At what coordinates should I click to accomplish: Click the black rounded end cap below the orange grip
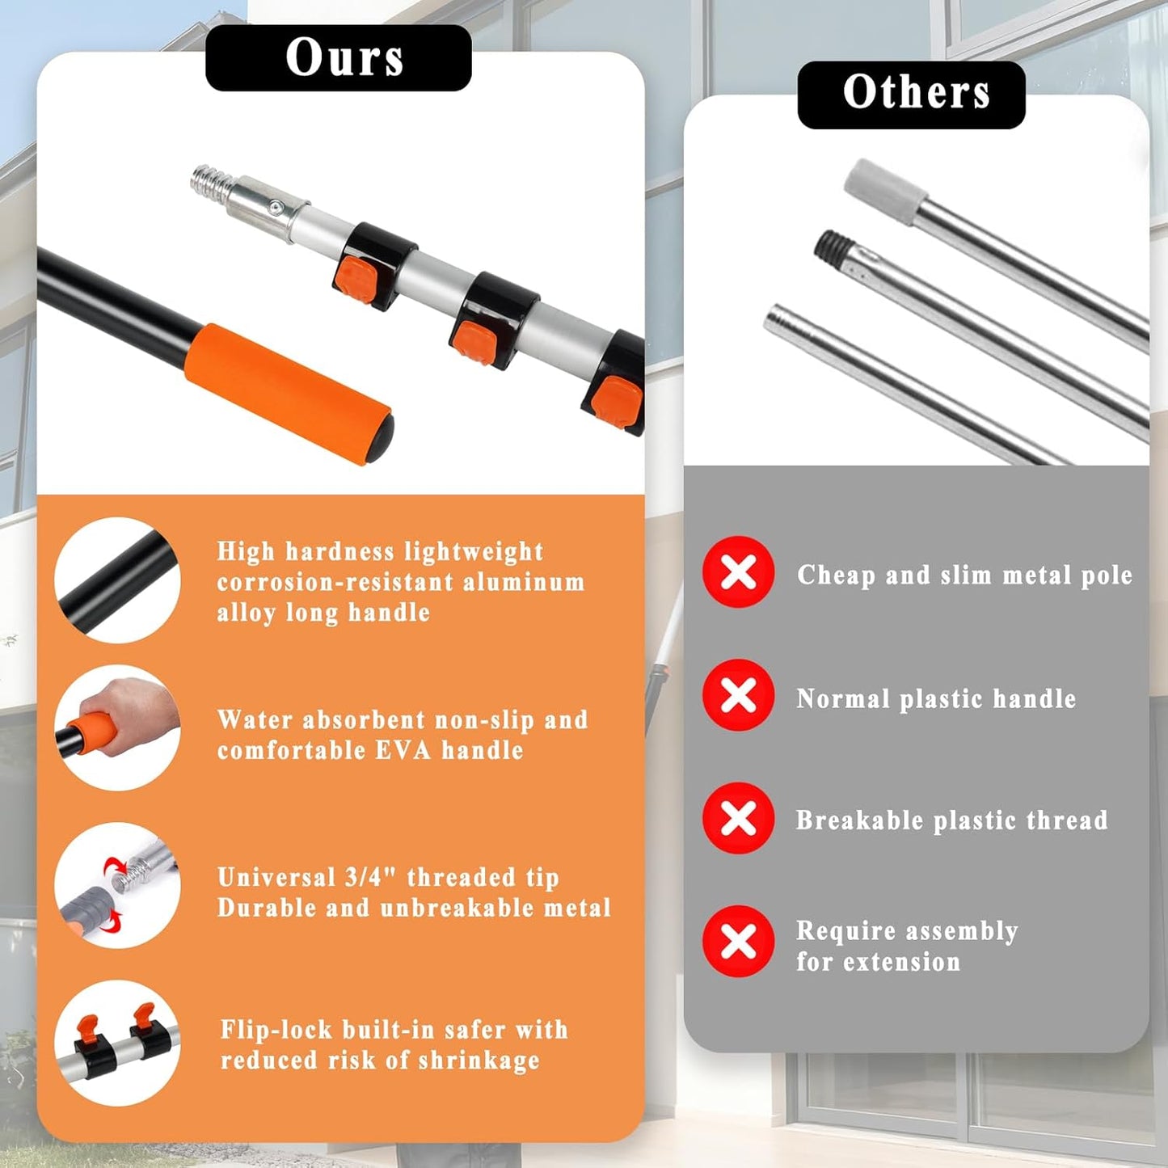coord(382,440)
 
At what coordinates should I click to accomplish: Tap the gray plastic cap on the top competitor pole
coord(885,191)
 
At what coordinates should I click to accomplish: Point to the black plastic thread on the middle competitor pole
coord(834,248)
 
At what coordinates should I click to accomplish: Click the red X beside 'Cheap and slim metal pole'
coord(738,571)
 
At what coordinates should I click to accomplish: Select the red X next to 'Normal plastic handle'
coord(738,695)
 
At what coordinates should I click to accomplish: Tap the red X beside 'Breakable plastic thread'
coord(738,818)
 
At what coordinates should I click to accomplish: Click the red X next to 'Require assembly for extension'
coord(738,942)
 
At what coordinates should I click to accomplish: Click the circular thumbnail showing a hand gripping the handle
coord(117,727)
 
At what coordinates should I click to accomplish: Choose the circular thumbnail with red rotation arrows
coord(117,886)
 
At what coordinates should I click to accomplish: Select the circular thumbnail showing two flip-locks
coord(117,1044)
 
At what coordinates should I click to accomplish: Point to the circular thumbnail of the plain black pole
coord(117,580)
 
